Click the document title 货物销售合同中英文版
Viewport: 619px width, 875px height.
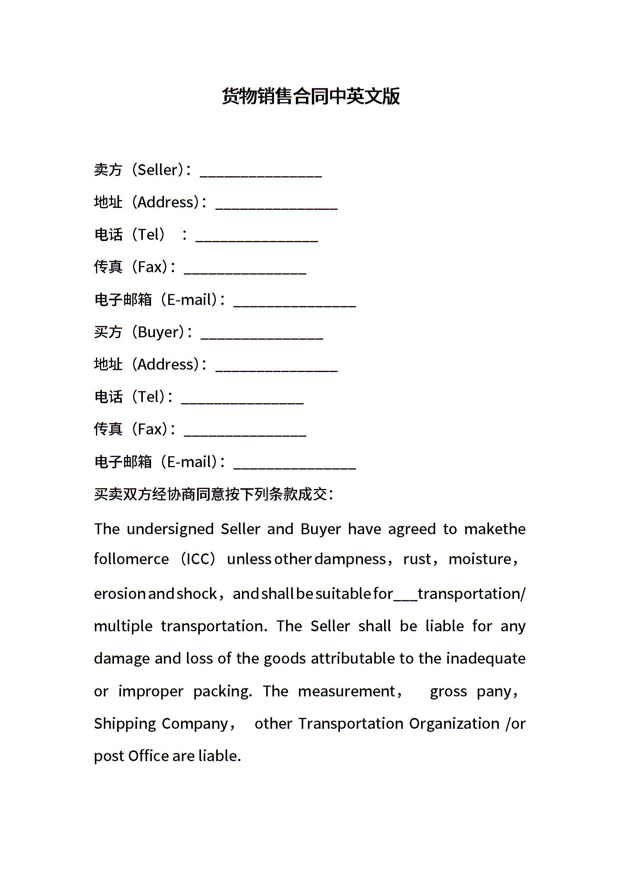[x=311, y=96]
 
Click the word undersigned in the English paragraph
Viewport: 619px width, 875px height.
[x=170, y=529]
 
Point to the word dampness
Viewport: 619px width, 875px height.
[x=350, y=559]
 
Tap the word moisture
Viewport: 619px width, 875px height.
[x=480, y=559]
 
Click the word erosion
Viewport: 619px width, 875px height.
[x=120, y=594]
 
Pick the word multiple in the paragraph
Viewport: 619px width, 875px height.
[x=123, y=626]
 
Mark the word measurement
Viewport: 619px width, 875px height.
[x=347, y=691]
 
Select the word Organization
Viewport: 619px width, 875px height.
[x=454, y=723]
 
